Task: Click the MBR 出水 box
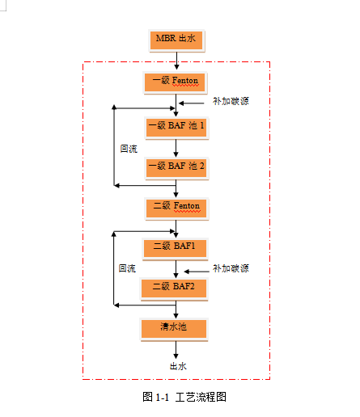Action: pyautogui.click(x=176, y=40)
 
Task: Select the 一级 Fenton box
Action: pyautogui.click(x=175, y=82)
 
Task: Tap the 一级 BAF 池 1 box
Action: pyautogui.click(x=176, y=128)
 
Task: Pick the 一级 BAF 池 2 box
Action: pyautogui.click(x=176, y=168)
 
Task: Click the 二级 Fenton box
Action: pyautogui.click(x=176, y=208)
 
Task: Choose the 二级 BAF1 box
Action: pyautogui.click(x=175, y=249)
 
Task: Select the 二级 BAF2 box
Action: pyautogui.click(x=174, y=289)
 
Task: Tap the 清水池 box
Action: pyautogui.click(x=174, y=330)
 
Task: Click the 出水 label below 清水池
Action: pyautogui.click(x=178, y=366)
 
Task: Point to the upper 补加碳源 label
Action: pyautogui.click(x=231, y=101)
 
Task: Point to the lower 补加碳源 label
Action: pyautogui.click(x=231, y=268)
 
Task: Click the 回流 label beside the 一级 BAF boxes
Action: pyautogui.click(x=129, y=149)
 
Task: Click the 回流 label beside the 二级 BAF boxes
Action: pyautogui.click(x=127, y=268)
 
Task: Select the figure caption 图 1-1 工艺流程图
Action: pyautogui.click(x=184, y=397)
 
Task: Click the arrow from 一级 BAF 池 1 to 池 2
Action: pyautogui.click(x=176, y=148)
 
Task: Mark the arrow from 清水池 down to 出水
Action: pyautogui.click(x=176, y=350)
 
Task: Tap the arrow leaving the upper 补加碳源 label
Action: pyautogui.click(x=192, y=103)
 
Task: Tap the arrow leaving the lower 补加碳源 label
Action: pyautogui.click(x=197, y=272)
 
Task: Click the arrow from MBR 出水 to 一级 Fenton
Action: pyautogui.click(x=176, y=61)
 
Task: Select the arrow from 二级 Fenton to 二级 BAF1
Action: pyautogui.click(x=176, y=229)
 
